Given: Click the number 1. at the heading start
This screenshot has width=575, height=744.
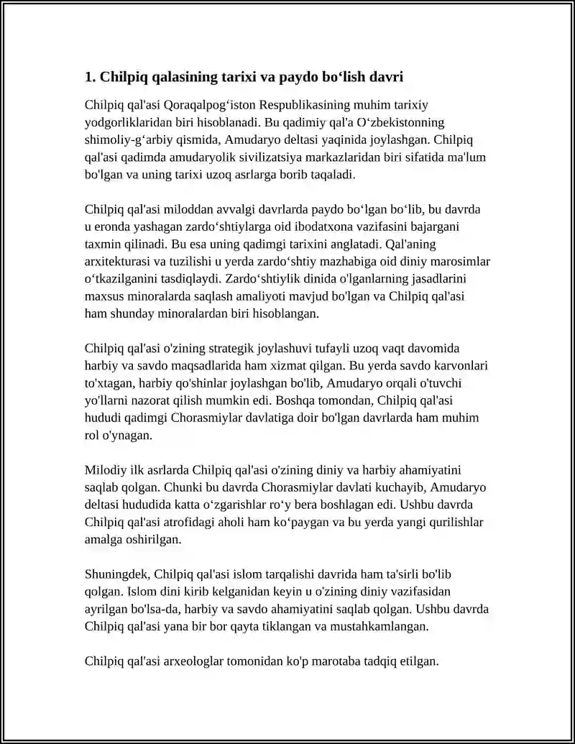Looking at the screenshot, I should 90,76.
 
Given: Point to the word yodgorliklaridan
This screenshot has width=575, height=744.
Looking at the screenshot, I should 127,122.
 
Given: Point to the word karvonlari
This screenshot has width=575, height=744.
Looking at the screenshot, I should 459,366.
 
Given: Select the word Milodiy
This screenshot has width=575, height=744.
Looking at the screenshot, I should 105,470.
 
